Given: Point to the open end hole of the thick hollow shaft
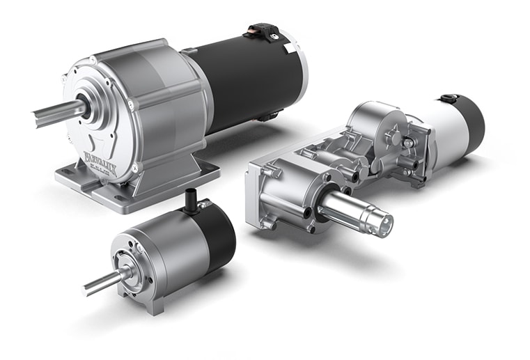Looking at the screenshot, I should (x=384, y=226).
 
